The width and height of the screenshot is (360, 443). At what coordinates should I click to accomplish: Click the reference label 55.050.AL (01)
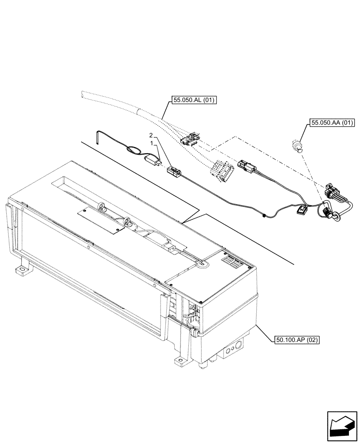tap(192, 101)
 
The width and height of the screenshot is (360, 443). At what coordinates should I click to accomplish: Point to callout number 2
tap(151, 135)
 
